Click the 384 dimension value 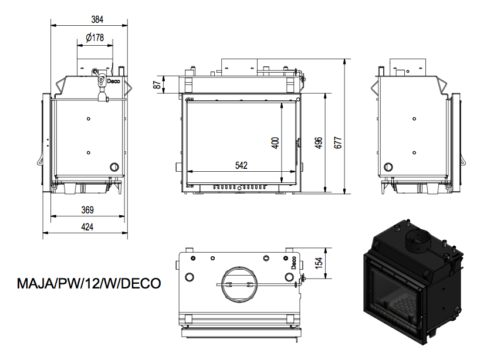coord(97,19)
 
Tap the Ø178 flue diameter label coord(94,38)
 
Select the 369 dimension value coord(87,210)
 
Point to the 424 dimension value coord(87,227)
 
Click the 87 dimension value coord(157,85)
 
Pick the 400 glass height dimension coord(275,142)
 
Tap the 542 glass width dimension coord(241,165)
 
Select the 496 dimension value coord(319,142)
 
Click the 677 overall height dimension coord(338,142)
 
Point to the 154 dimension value coord(319,263)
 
